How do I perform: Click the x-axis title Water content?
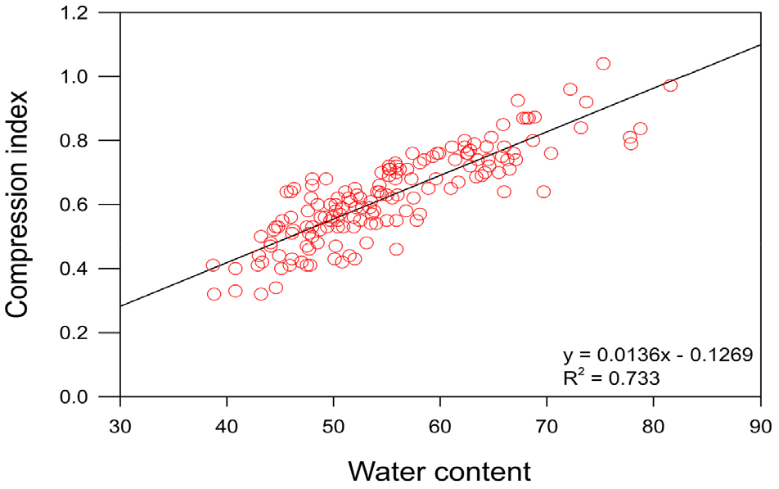pyautogui.click(x=439, y=471)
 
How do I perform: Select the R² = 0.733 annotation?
pyautogui.click(x=611, y=378)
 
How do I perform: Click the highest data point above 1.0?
pyautogui.click(x=603, y=64)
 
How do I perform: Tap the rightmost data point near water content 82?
pyautogui.click(x=670, y=85)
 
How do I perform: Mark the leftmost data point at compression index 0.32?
pyautogui.click(x=214, y=294)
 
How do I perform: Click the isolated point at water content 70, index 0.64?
pyautogui.click(x=543, y=192)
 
